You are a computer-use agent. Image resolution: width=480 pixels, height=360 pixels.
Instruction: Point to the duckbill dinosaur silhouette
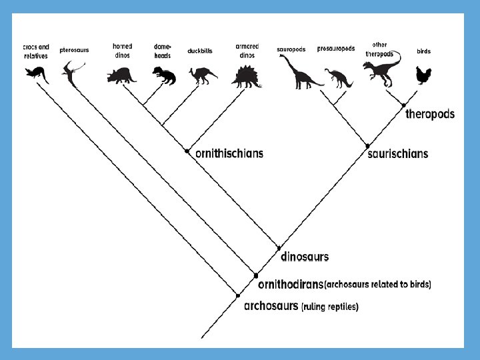201,75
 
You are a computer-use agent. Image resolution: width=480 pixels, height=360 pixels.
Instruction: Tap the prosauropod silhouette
338,77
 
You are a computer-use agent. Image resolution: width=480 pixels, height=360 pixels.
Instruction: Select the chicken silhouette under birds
423,75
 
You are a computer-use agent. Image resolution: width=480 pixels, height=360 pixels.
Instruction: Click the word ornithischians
229,153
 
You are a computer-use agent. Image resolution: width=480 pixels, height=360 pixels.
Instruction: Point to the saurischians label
398,154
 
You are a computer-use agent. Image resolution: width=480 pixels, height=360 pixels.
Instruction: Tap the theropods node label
430,114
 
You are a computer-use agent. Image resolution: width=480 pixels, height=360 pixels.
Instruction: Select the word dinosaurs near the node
305,256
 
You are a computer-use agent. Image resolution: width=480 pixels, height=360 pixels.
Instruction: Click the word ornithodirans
290,284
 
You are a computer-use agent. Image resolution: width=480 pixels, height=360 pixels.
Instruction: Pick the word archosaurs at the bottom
271,307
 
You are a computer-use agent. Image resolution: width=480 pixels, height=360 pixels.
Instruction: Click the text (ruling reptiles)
330,307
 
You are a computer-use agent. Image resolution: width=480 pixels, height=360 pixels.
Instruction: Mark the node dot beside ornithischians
187,151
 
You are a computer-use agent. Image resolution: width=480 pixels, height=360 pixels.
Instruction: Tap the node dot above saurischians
367,145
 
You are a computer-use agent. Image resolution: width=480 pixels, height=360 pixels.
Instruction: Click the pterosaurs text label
74,49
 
